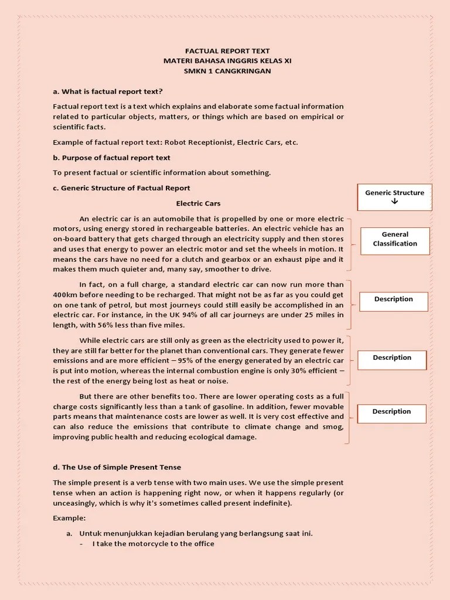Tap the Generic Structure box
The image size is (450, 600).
(x=394, y=197)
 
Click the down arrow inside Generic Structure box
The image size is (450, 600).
(x=394, y=202)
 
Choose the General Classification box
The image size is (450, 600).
(x=395, y=239)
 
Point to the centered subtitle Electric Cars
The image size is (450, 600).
(x=199, y=203)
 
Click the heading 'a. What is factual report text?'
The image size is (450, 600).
(x=108, y=91)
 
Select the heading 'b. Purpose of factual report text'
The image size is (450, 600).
(x=111, y=158)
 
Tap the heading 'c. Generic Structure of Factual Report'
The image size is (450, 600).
(x=121, y=188)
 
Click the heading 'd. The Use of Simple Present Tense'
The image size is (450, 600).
(x=117, y=467)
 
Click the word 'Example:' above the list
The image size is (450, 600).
(x=69, y=518)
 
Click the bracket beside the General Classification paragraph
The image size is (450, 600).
(x=350, y=244)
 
